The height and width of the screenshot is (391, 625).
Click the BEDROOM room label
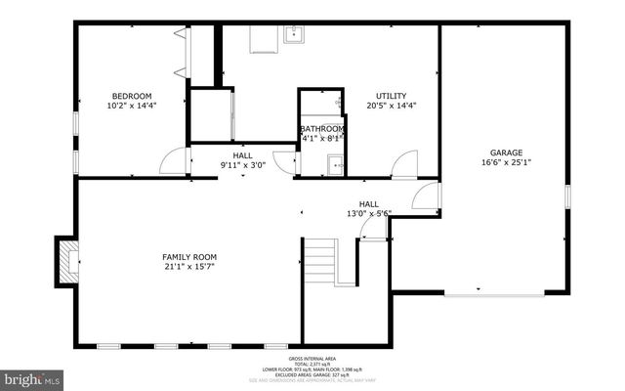point(130,96)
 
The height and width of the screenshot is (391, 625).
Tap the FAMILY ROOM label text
point(188,257)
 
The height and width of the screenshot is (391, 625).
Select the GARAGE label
point(506,152)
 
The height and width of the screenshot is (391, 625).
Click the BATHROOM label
point(321,129)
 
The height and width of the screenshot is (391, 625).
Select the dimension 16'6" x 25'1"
point(506,163)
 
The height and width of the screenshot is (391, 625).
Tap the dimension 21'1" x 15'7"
point(188,268)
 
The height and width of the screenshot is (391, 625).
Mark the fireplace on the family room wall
point(67,261)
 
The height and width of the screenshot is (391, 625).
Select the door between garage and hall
point(427,197)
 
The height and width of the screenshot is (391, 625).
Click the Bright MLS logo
point(32,376)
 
